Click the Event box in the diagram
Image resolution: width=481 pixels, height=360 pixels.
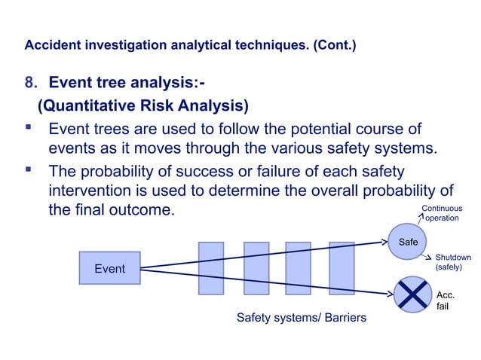click(x=110, y=269)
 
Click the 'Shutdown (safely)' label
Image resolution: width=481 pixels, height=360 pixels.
click(x=452, y=262)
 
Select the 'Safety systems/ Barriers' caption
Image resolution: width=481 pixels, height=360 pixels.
click(x=302, y=318)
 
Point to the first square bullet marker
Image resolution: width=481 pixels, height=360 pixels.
click(x=30, y=129)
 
